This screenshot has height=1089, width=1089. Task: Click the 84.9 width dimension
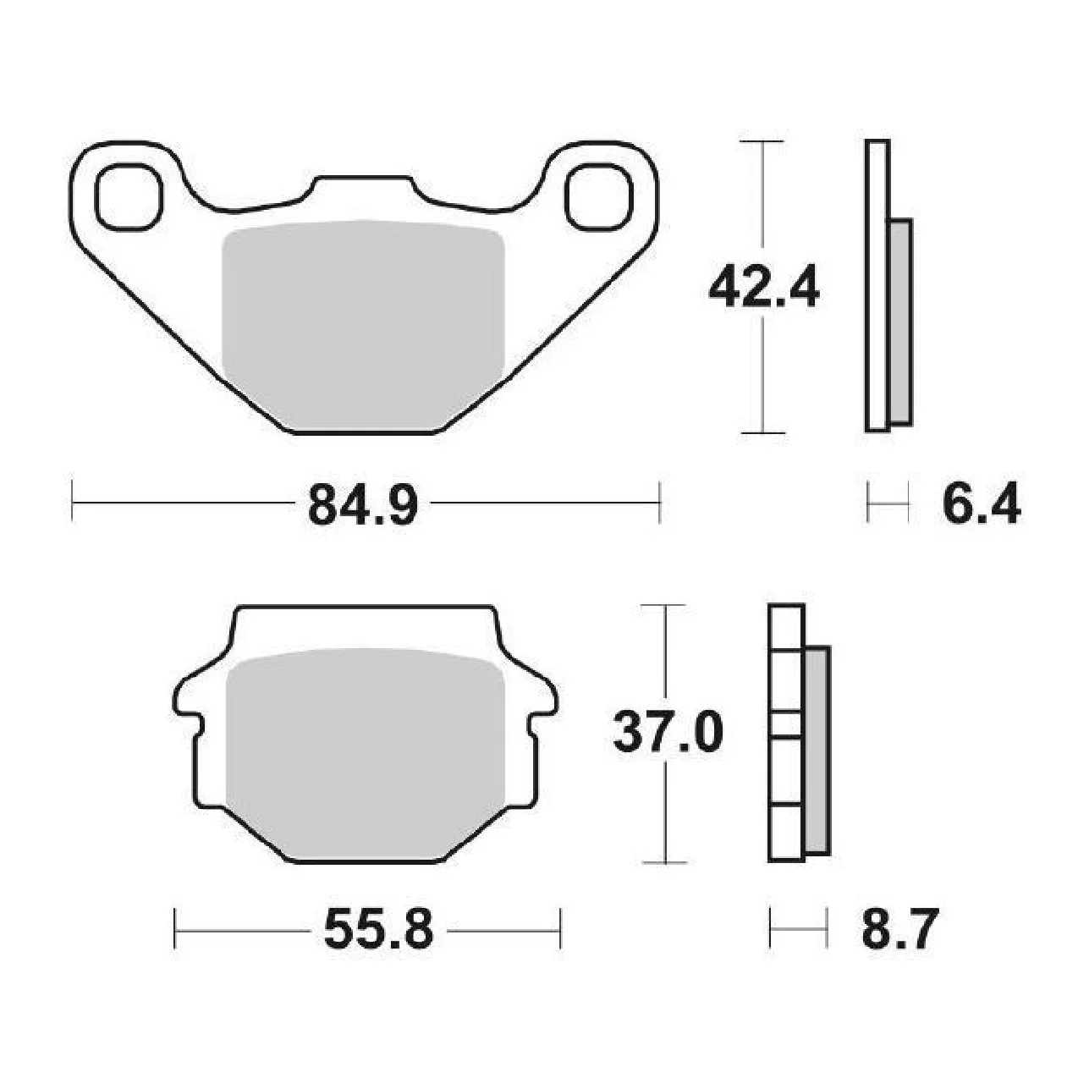click(x=363, y=504)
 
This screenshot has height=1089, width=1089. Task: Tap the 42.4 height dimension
click(x=763, y=289)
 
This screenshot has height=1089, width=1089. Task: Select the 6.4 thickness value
click(x=982, y=504)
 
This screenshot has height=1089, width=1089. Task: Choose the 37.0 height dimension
click(x=668, y=733)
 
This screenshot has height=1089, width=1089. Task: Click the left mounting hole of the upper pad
click(x=129, y=196)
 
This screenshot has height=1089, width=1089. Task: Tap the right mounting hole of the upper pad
click(x=598, y=196)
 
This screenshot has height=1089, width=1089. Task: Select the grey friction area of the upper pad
click(x=363, y=325)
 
